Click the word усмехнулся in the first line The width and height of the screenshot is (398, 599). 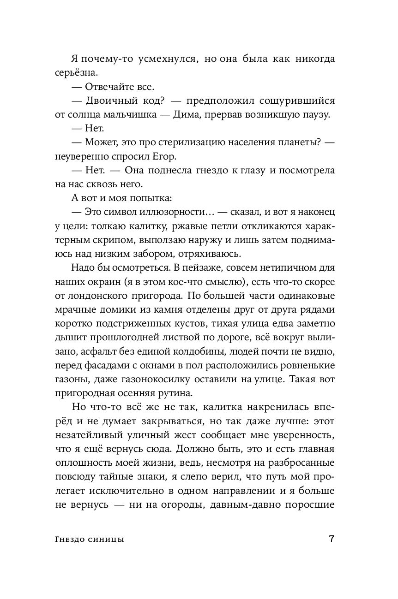coord(165,59)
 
